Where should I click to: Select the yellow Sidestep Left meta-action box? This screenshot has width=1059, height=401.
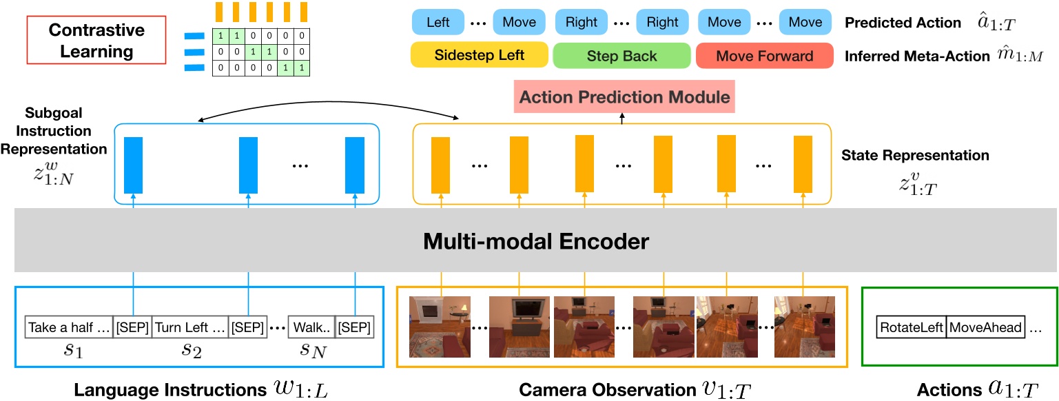point(480,56)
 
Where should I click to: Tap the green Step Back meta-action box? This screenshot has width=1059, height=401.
point(621,56)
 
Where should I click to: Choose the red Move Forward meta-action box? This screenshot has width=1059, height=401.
point(764,56)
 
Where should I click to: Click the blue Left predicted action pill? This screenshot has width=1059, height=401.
point(438,22)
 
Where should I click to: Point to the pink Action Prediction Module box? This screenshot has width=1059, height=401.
point(624,97)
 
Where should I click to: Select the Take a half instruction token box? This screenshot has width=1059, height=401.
point(69,327)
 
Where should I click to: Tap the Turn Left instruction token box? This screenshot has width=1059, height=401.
point(190,327)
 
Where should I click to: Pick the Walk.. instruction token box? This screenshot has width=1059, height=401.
point(311,327)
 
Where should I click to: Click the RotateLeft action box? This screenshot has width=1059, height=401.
point(912,327)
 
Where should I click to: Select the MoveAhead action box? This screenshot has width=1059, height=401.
point(986,327)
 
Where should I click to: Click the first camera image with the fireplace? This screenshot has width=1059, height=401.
point(440,326)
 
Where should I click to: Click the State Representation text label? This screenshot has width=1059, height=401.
point(915,156)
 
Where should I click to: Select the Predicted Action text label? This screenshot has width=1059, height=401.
point(903,23)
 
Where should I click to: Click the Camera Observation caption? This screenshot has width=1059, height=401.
point(601,389)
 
